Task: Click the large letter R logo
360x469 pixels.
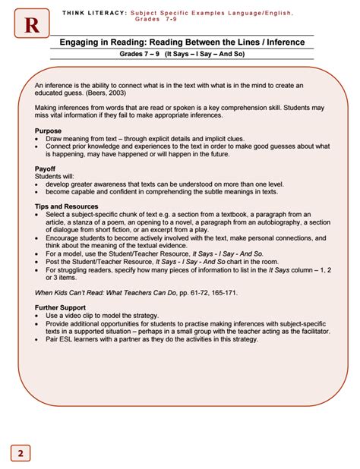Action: pyautogui.click(x=31, y=26)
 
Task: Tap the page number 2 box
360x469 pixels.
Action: pyautogui.click(x=21, y=453)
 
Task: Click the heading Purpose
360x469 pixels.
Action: pyautogui.click(x=49, y=131)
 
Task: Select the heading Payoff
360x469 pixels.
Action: pyautogui.click(x=46, y=168)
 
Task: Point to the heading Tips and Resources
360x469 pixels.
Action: pyautogui.click(x=67, y=206)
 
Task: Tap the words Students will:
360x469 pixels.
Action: pyautogui.click(x=54, y=175)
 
